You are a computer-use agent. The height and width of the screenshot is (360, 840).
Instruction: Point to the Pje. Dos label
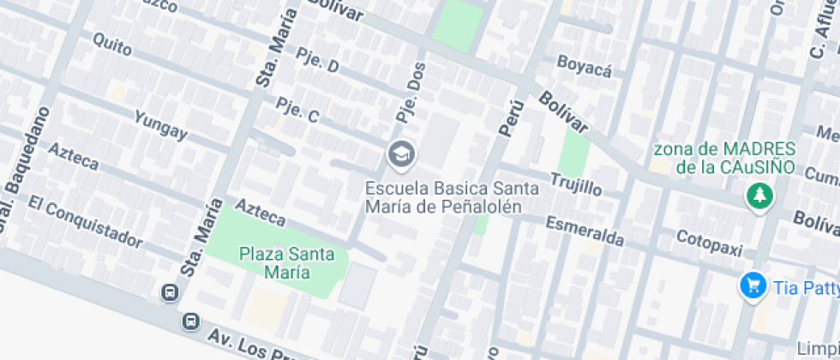coord(411,95)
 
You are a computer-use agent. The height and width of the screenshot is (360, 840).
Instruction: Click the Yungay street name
coord(160,124)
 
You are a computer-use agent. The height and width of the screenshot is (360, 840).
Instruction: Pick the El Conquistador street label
coord(83,220)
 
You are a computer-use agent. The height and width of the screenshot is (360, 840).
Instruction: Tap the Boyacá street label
coord(585,66)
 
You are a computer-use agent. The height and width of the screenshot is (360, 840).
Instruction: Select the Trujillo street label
coord(576,183)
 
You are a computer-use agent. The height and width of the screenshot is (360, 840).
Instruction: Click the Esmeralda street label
coord(585,231)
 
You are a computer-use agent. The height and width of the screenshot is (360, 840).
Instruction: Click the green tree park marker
coord(758,196)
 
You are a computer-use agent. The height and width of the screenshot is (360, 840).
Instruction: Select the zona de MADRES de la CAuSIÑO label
coord(723,158)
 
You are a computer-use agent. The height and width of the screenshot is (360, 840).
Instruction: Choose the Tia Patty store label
coord(806,288)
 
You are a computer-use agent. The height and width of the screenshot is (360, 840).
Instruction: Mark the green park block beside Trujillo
coord(574,153)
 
